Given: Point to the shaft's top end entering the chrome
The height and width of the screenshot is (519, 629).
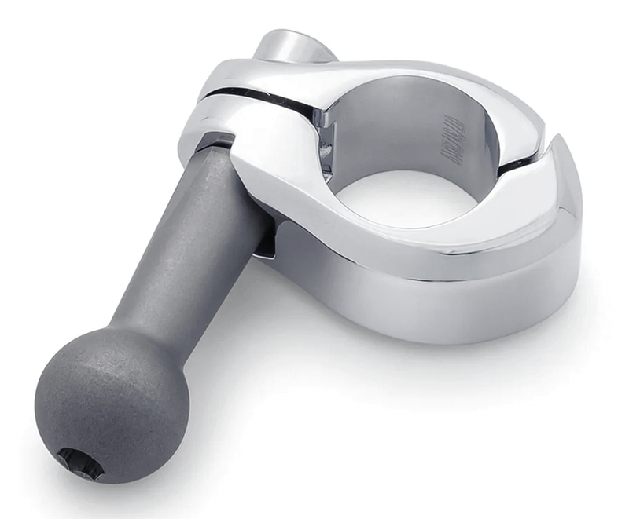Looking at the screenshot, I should (217, 146).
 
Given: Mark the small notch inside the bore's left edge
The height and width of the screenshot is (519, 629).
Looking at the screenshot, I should (322, 126).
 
